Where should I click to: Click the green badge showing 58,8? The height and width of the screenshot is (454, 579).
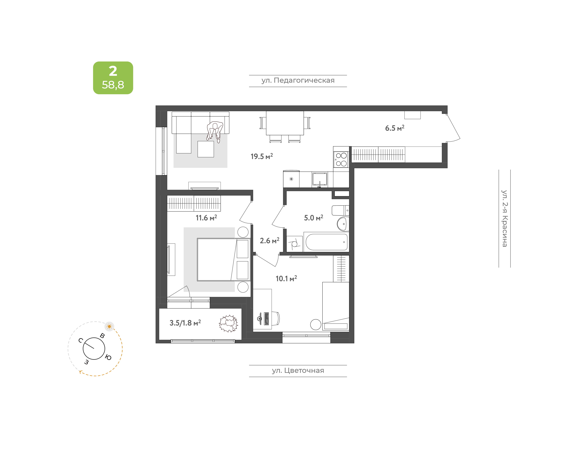pyautogui.click(x=113, y=78)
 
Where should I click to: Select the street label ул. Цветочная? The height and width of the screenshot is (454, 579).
pyautogui.click(x=298, y=370)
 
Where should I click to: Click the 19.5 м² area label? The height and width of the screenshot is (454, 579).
pyautogui.click(x=262, y=156)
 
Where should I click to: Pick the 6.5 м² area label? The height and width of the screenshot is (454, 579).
pyautogui.click(x=395, y=128)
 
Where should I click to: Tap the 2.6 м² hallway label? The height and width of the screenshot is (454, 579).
pyautogui.click(x=269, y=241)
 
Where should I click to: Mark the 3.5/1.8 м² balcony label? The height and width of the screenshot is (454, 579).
pyautogui.click(x=185, y=323)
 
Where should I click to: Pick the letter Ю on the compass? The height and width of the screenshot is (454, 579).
pyautogui.click(x=108, y=358)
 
